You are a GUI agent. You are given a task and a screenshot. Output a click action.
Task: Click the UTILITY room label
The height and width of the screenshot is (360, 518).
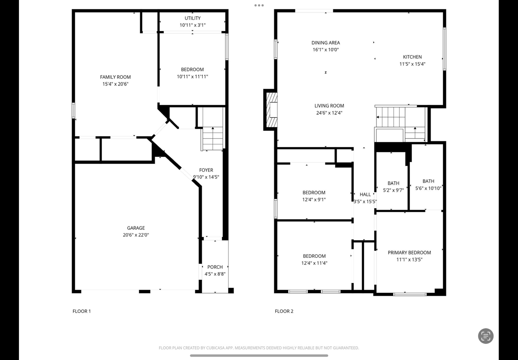point(192,18)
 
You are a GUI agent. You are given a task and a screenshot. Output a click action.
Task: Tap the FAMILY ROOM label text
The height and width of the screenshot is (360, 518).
point(115,77)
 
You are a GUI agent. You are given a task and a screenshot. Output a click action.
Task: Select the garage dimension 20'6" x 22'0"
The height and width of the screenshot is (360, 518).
point(136,235)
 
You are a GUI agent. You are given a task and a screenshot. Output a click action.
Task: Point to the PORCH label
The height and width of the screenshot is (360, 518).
point(215,267)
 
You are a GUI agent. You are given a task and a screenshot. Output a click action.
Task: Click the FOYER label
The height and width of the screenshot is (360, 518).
point(206,170)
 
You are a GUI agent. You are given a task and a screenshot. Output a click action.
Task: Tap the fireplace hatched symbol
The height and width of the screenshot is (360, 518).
point(272,110)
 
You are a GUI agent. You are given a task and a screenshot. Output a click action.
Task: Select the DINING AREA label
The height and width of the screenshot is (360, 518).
point(326,43)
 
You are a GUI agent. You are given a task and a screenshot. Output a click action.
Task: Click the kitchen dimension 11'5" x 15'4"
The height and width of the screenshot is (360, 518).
point(412,64)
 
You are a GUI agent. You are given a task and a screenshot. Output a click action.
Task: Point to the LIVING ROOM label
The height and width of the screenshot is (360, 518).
point(329,106)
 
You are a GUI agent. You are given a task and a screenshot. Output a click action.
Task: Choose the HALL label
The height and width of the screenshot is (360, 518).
point(365,194)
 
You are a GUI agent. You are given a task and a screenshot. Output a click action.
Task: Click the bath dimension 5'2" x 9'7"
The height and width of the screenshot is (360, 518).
point(393,190)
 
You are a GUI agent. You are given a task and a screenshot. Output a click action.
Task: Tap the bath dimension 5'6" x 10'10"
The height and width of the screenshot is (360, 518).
point(428,188)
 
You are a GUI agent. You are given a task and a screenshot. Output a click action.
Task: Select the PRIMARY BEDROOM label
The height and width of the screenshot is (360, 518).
point(409,253)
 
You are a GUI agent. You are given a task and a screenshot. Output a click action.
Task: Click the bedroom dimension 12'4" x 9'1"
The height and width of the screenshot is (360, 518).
point(314,199)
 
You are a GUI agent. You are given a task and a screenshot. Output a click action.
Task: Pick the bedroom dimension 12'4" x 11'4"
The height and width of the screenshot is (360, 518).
point(314,263)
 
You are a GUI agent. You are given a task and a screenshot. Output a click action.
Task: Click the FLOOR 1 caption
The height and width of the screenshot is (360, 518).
point(82,311)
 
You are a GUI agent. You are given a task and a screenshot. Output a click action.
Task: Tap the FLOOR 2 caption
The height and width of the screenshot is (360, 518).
point(284,311)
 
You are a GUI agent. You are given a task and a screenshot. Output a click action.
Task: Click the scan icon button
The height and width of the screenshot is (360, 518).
point(486,336)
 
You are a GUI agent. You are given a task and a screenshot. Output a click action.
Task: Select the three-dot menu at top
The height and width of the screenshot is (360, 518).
point(259,5)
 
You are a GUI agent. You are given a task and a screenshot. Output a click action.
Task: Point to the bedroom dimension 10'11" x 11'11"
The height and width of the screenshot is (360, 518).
point(192,77)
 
